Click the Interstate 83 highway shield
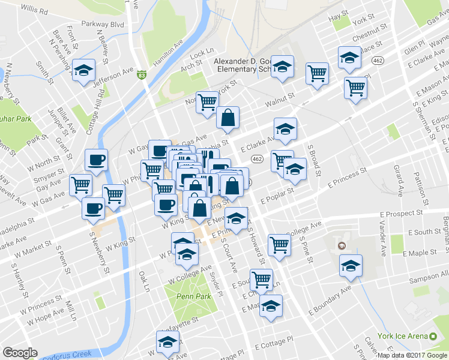[141, 74]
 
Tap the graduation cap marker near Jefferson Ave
[83, 68]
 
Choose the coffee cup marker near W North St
[96, 160]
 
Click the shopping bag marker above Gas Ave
[228, 118]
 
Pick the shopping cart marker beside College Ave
[279, 244]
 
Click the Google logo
[20, 353]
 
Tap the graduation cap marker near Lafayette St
[167, 341]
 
